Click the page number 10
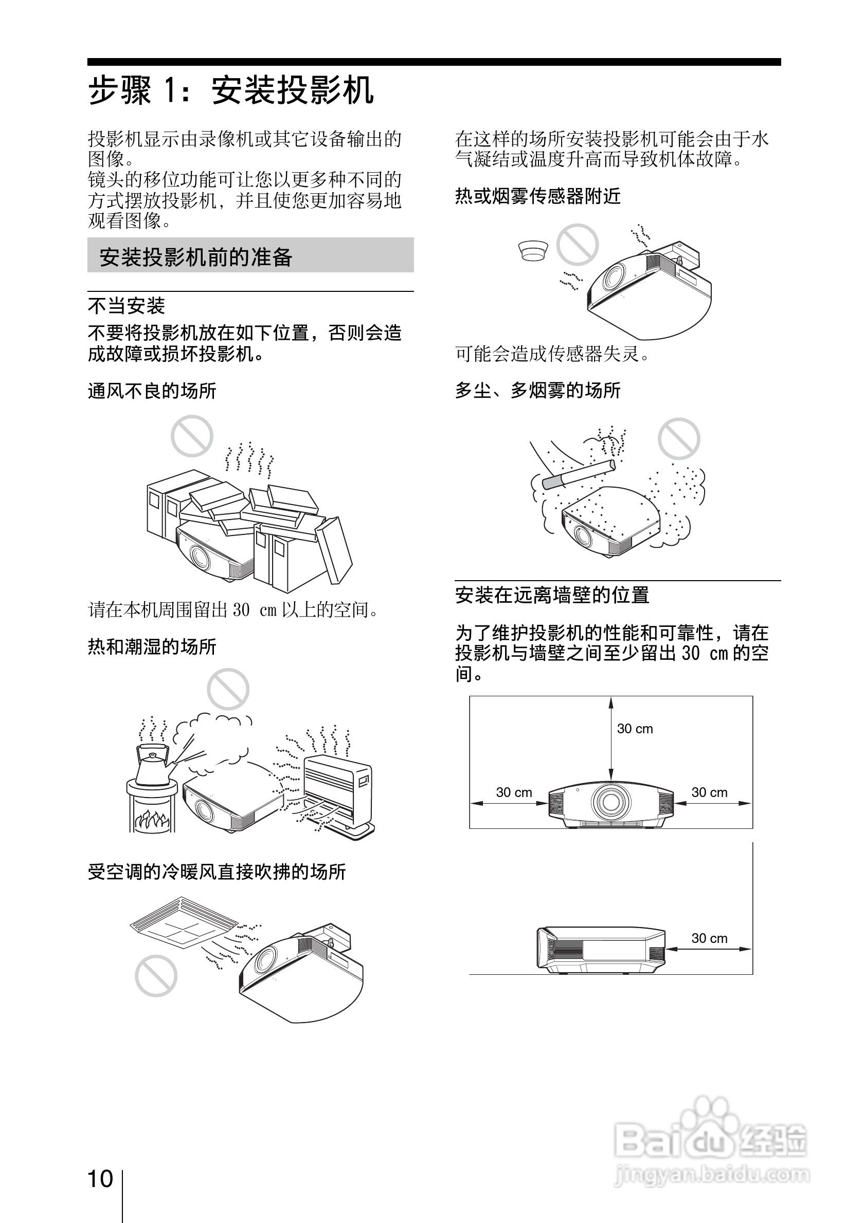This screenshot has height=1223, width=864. click(x=100, y=1179)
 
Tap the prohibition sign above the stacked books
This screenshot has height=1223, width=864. click(x=192, y=436)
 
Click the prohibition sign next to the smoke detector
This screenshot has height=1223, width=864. click(x=577, y=245)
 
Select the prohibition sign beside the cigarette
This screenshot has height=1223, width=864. click(x=678, y=439)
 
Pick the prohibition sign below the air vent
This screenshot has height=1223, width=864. click(x=156, y=976)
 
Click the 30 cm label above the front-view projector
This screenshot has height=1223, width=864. click(x=635, y=729)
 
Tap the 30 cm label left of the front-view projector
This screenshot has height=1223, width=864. click(x=514, y=792)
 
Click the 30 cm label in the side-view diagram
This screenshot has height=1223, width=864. click(x=709, y=938)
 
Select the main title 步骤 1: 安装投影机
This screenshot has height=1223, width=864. click(x=231, y=90)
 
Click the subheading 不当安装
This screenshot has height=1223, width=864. click(x=127, y=306)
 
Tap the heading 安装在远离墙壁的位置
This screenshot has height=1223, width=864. click(x=552, y=595)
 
